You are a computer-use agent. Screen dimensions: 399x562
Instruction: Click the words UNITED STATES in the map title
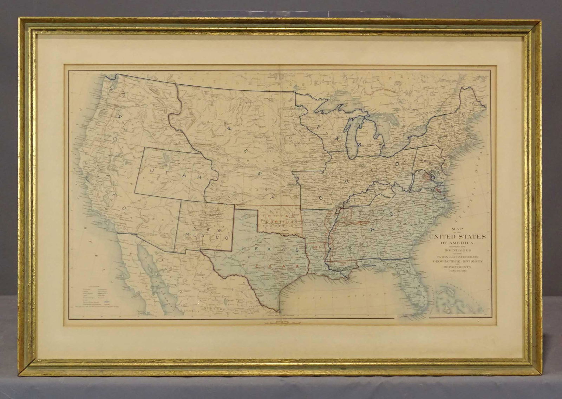point(457,237)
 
